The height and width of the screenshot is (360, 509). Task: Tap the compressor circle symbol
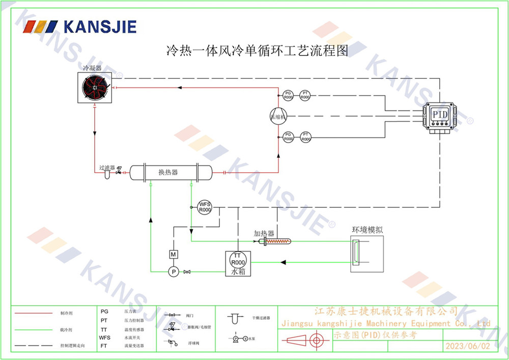(x=278, y=116)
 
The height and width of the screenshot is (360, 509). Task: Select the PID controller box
(x=440, y=115)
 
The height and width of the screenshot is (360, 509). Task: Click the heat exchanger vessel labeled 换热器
(x=170, y=172)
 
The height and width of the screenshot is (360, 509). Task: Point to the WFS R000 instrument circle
(x=205, y=207)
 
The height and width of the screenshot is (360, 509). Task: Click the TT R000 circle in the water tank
(x=238, y=259)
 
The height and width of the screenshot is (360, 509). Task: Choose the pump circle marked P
(x=173, y=272)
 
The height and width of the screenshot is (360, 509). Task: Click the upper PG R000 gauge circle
(x=288, y=95)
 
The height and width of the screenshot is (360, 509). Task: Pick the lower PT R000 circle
(x=305, y=136)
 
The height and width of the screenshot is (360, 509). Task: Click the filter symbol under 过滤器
(x=107, y=175)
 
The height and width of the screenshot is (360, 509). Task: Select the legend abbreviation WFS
(x=104, y=337)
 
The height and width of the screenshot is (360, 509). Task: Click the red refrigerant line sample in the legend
(x=33, y=313)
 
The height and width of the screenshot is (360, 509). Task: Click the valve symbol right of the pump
(x=186, y=272)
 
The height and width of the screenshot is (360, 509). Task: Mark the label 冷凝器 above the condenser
(x=93, y=68)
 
